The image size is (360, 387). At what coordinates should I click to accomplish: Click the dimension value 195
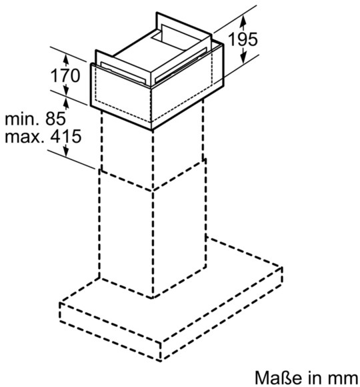coord(243,39)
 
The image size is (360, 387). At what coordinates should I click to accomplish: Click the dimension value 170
coord(65,75)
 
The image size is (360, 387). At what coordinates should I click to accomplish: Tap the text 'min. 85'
coord(35,119)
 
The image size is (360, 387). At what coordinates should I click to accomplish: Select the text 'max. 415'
coord(43,136)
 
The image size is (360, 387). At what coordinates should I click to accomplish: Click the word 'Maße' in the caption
coord(278,378)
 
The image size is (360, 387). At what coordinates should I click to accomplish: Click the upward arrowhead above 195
coord(243,20)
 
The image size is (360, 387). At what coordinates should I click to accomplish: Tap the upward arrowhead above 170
coord(65,59)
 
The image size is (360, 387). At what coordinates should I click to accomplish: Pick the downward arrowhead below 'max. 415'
coord(66,151)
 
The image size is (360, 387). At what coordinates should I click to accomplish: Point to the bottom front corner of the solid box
coord(151,129)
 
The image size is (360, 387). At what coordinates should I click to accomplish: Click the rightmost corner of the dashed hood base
coord(281,268)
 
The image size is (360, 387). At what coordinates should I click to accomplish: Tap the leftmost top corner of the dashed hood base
coord(60,302)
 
